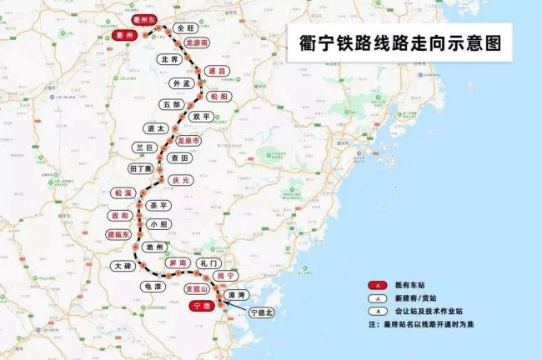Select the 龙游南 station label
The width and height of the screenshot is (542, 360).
[197, 41]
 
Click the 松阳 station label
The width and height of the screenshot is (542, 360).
[218, 97]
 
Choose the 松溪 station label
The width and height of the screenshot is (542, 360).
[123, 192]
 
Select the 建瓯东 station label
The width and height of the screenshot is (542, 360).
[121, 235]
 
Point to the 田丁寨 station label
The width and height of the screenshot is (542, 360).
[141, 168]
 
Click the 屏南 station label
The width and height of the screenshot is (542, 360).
[178, 262]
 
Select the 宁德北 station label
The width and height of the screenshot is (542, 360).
[261, 312]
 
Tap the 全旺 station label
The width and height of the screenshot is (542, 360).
[185, 27]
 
